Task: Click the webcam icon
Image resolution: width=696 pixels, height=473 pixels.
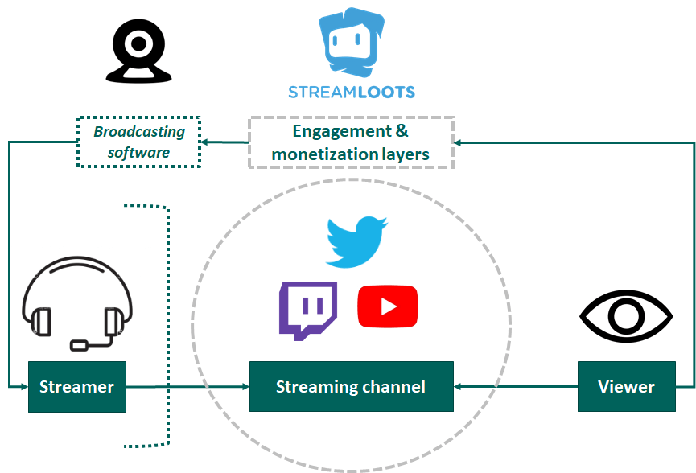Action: [138, 51]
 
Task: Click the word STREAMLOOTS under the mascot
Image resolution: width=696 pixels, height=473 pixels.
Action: [352, 91]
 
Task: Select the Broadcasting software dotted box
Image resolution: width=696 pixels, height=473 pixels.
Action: [138, 142]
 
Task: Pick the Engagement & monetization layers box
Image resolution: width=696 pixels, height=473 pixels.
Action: [351, 142]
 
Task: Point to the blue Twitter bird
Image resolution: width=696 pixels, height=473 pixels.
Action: [356, 241]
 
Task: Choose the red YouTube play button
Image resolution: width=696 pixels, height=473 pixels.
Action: [388, 306]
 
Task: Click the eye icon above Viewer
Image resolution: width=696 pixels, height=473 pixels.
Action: [626, 315]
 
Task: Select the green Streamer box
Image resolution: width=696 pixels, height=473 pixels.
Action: [77, 387]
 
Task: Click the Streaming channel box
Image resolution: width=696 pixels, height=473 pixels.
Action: [351, 387]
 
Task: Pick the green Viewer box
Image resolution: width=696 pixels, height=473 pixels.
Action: [626, 387]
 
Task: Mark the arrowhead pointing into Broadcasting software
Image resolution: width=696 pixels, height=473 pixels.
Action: [206, 142]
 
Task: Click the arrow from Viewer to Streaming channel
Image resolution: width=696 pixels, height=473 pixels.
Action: [515, 387]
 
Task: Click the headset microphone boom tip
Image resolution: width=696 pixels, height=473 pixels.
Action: [80, 345]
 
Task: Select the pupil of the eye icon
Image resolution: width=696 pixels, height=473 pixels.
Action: [626, 315]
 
